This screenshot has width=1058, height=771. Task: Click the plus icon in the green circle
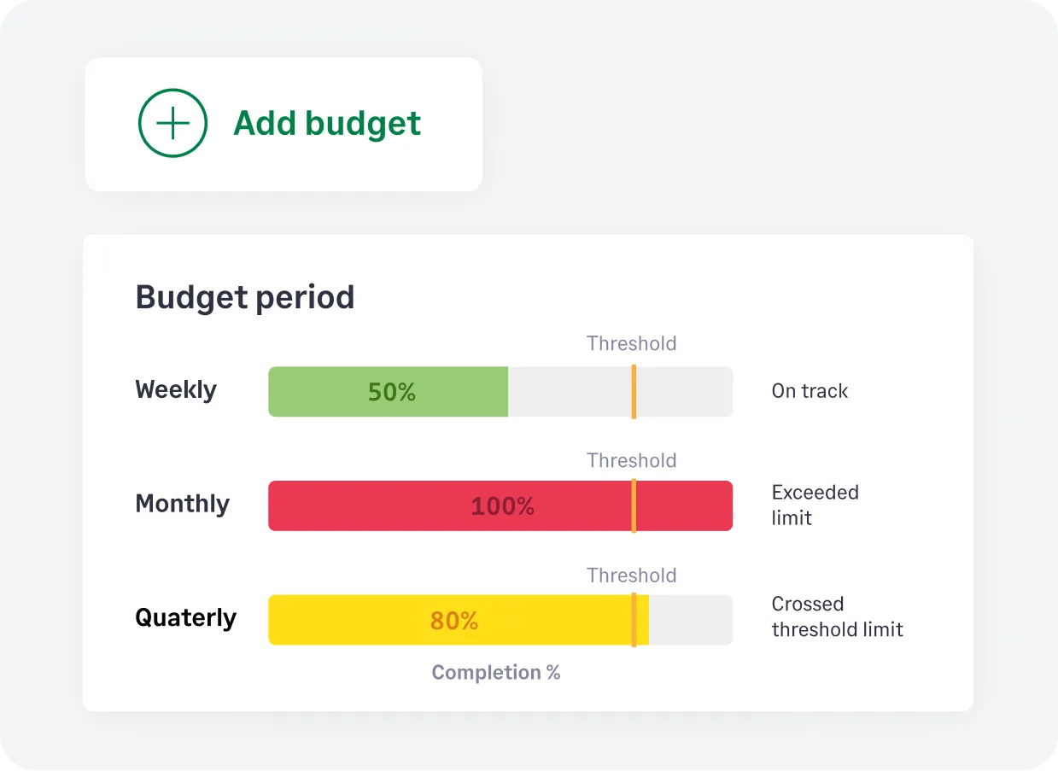coord(172,124)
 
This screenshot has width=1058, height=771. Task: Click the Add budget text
coord(327,124)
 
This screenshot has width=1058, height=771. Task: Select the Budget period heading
coord(244,297)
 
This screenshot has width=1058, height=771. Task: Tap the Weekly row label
coord(176,390)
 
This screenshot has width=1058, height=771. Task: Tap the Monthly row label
coord(182,504)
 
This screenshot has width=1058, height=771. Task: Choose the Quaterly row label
coord(185,617)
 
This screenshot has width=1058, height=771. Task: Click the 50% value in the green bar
coord(392,392)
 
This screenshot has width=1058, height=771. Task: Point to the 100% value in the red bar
coord(502,506)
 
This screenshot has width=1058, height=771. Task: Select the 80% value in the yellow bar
coord(453,621)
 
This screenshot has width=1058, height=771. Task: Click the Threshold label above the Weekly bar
coord(631,343)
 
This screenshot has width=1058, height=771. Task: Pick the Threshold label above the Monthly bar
coord(631,460)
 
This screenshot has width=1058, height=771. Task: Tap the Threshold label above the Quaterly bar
coord(631,575)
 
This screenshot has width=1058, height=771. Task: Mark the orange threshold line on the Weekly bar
coord(634,392)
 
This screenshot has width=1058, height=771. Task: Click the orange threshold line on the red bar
coord(634,506)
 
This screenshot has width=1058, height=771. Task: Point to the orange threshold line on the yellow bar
coord(634,620)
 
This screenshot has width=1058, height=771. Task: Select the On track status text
coord(810,391)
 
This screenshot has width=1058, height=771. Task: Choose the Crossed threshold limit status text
coord(837,616)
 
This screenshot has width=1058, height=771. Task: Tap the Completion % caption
coord(496,673)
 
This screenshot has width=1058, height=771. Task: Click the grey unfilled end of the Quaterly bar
coord(690,620)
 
